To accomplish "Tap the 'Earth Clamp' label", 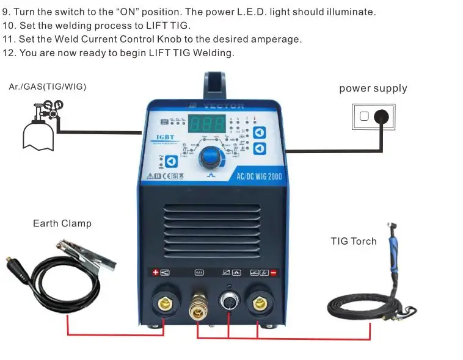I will [62, 223].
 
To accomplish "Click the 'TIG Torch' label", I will [354, 241].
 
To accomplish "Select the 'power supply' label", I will [373, 88].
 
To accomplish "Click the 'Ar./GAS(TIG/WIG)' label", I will [48, 87].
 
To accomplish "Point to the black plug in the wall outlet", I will [382, 116].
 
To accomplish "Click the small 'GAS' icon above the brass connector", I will [199, 272].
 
